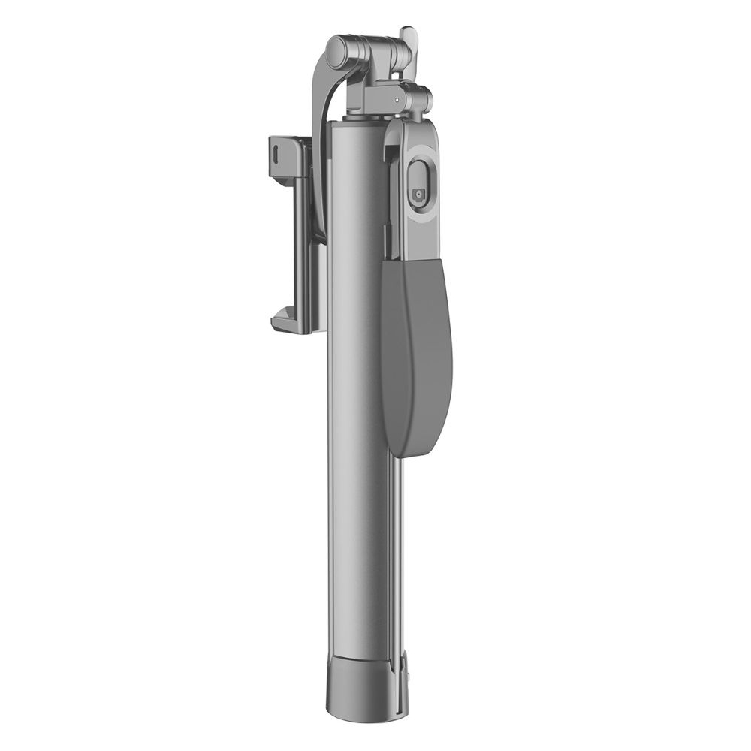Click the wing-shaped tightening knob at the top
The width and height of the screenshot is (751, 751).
[x=408, y=41]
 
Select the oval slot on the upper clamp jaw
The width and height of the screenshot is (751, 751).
[x=279, y=150]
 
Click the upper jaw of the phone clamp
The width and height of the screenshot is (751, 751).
[x=289, y=150]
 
